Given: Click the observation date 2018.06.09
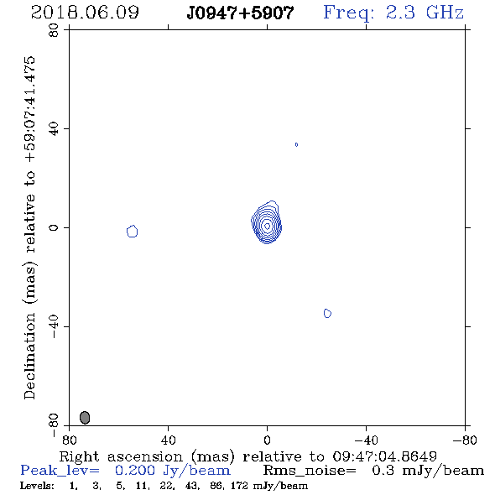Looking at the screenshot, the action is coord(85,13).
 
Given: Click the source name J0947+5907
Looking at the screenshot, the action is coord(240,13).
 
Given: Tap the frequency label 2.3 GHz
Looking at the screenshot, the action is coord(425,13).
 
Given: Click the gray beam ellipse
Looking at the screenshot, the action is coord(85,417).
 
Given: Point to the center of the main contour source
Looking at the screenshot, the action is coord(267,226).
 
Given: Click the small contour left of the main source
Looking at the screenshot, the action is coord(133,231).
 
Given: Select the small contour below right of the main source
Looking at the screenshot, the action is coord(327,313).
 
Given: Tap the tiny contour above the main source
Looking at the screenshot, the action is coord(296,144).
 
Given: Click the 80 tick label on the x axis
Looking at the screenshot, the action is coord(69,440).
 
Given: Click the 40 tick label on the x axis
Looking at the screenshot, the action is coord(168,440).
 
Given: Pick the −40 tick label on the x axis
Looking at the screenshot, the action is coord(366,440).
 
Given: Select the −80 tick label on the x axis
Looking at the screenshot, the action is coord(465,440).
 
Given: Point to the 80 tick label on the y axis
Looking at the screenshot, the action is coord(54,30).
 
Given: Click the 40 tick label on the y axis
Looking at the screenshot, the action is coord(54,129).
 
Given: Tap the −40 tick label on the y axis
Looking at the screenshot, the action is coord(54,326).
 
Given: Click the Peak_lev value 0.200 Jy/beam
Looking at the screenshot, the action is coord(173,471).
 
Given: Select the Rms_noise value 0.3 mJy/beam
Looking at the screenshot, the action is coord(428,471).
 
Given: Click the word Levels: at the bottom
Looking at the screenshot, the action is coord(37,486).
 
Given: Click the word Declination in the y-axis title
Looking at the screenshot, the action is coord(29,357).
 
